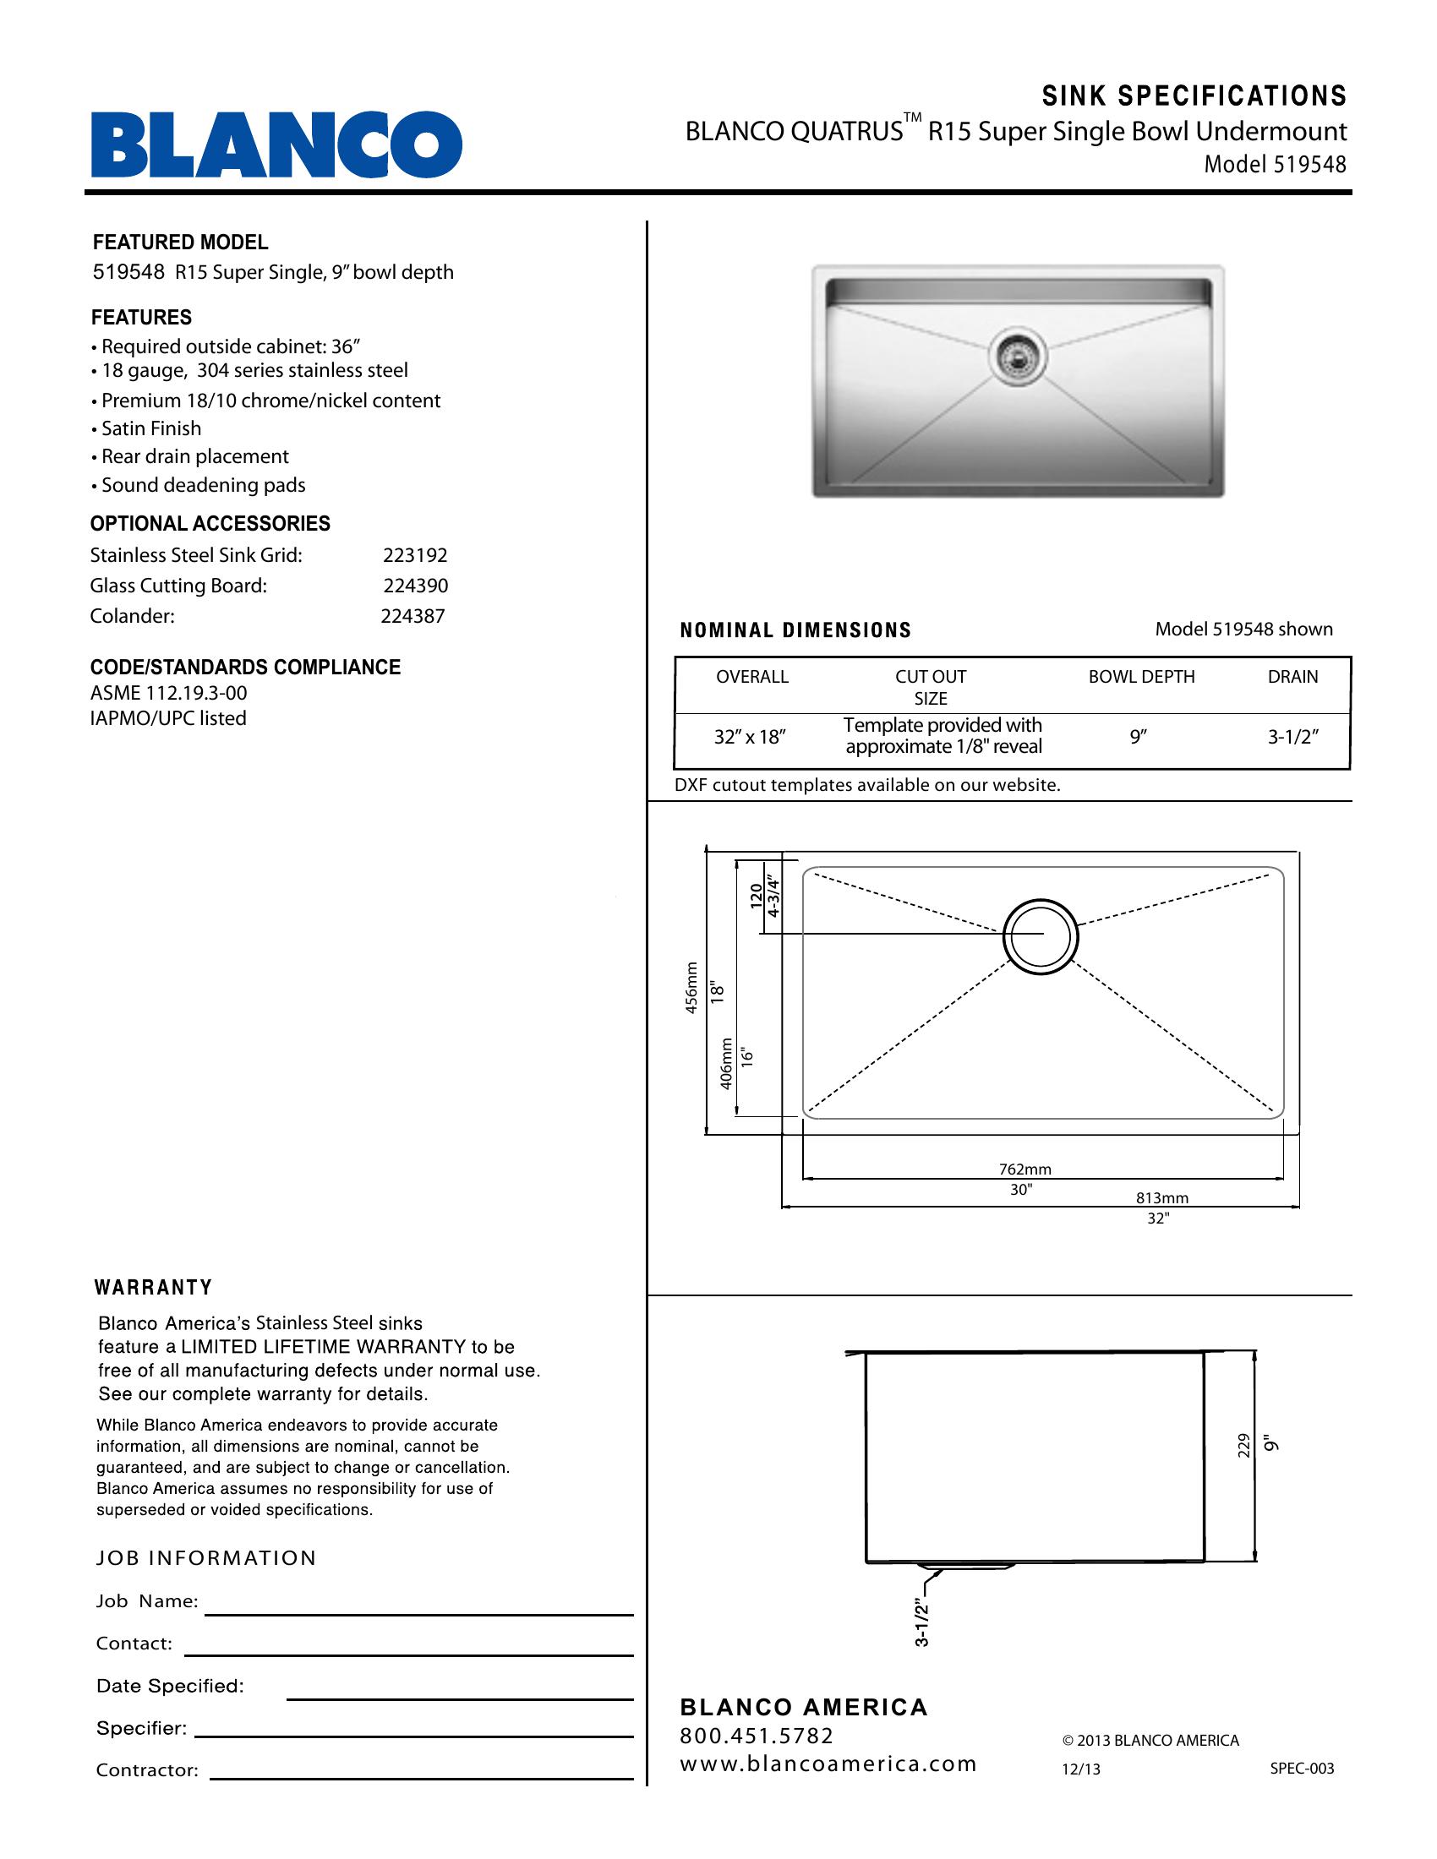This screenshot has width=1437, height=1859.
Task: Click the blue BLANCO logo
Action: click(276, 144)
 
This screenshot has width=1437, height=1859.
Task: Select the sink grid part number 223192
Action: click(414, 556)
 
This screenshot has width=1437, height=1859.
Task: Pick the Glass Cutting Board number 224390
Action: click(414, 586)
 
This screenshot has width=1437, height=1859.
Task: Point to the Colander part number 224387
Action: click(413, 616)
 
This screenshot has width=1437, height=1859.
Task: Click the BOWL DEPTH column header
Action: click(1142, 677)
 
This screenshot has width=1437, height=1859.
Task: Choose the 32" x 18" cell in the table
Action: click(750, 737)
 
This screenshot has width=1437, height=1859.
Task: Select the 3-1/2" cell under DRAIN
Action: click(1293, 737)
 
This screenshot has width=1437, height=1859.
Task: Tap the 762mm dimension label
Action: click(1025, 1169)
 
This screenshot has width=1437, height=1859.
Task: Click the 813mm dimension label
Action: click(1162, 1198)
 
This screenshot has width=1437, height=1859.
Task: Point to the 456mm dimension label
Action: click(692, 987)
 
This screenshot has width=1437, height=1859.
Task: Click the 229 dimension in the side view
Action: click(1243, 1446)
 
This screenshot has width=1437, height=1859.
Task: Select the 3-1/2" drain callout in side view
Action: click(921, 1623)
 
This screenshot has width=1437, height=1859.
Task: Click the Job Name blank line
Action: click(418, 1613)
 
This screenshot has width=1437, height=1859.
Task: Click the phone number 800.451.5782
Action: click(757, 1736)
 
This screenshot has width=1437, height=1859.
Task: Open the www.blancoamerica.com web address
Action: click(828, 1764)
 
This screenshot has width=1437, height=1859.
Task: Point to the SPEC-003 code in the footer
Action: click(1302, 1769)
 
